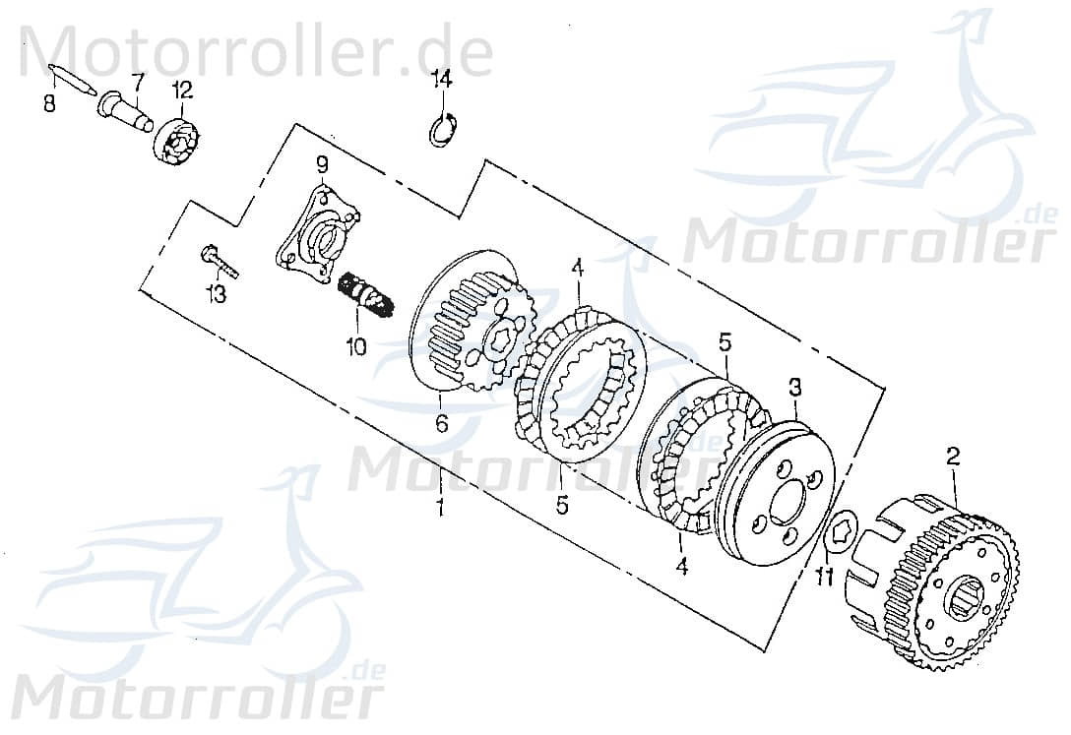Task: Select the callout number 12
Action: pos(182,91)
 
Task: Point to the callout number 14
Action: pos(442,78)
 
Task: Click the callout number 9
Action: pos(321,163)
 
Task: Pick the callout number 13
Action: pos(216,293)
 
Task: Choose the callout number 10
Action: pos(354,346)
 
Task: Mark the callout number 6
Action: pos(442,424)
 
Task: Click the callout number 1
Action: pos(440,508)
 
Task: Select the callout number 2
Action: pos(952,456)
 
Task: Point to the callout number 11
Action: pos(825,576)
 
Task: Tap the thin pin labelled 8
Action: pos(70,80)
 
